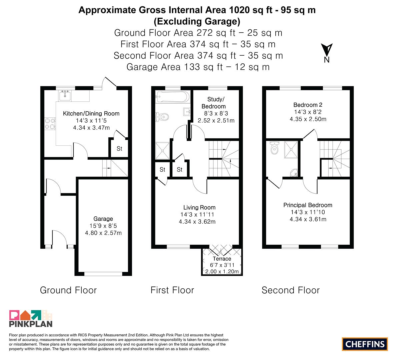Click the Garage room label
103,219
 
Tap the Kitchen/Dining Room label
91,113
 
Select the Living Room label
199,208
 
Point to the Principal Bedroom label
308,205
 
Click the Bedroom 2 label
308,105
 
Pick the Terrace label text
222,259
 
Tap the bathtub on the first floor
173,97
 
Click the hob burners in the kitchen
50,124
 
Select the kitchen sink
65,96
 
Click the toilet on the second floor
274,148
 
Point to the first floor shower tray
162,151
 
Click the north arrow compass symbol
327,50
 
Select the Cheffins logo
365,344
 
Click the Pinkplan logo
31,318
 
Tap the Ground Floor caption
68,290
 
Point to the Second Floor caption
291,290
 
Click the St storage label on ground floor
119,149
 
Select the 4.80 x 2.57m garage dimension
103,233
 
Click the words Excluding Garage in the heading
197,21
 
